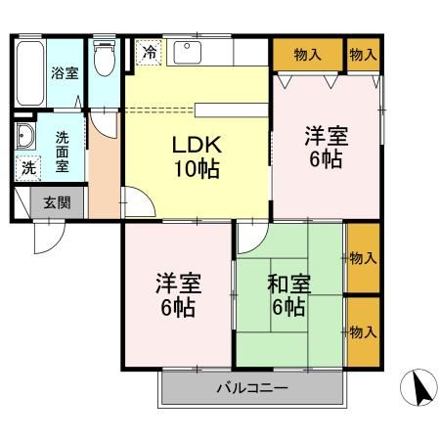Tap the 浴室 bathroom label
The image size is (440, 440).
65,73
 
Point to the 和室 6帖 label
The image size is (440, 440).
289,296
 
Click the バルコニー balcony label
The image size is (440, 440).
251,388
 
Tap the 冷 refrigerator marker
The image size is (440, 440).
149,53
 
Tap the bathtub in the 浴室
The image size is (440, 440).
27,74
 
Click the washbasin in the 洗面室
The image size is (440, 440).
23,136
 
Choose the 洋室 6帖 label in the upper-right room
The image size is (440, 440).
327,147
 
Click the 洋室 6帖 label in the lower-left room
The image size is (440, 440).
178,296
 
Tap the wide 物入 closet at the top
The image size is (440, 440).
307,54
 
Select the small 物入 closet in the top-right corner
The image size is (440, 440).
364,54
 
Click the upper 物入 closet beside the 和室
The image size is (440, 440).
363,258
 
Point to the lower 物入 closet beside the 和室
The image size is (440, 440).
363,331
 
